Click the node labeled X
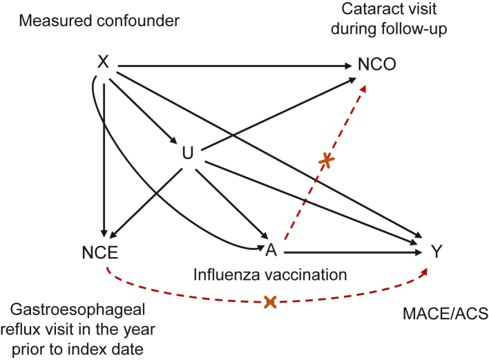(x=104, y=63)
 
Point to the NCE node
(x=104, y=253)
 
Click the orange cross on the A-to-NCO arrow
(x=327, y=161)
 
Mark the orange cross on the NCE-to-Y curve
(x=270, y=302)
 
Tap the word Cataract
(x=380, y=11)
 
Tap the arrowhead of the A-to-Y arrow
(x=417, y=253)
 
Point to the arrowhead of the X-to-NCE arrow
(x=104, y=234)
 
